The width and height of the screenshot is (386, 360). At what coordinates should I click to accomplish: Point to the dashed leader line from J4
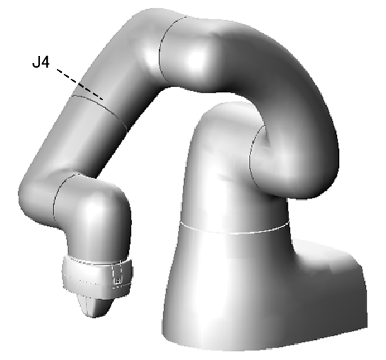pyautogui.click(x=80, y=84)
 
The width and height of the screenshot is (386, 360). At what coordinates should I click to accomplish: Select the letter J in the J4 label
pyautogui.click(x=36, y=62)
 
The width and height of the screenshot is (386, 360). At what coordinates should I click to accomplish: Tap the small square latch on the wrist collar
pyautogui.click(x=118, y=280)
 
